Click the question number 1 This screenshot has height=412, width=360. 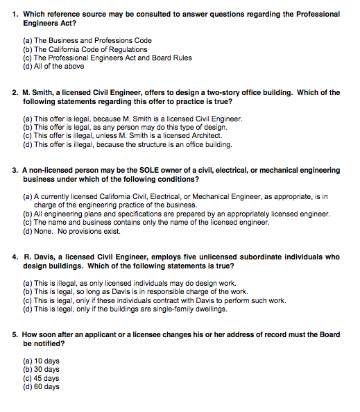click(15, 14)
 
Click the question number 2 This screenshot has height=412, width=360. click(15, 92)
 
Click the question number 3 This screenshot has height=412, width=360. click(15, 170)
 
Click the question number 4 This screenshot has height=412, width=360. click(15, 257)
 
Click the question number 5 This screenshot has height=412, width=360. click(15, 334)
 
